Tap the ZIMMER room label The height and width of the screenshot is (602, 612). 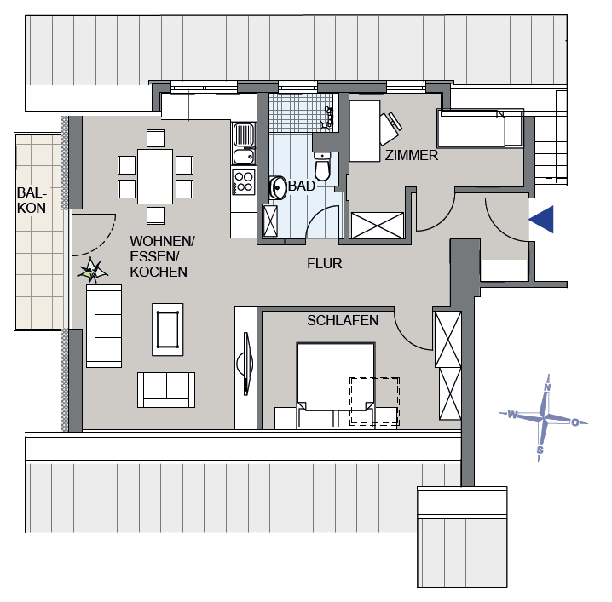[x=411, y=156]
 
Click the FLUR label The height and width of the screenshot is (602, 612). [x=325, y=263]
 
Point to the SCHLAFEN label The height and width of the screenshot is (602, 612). [x=343, y=320]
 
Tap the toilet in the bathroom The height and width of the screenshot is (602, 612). [x=322, y=165]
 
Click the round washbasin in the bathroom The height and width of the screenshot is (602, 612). [x=278, y=186]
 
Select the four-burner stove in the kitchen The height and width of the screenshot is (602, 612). [x=244, y=181]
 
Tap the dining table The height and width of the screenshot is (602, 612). [x=155, y=176]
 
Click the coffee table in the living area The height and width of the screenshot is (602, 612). [x=166, y=329]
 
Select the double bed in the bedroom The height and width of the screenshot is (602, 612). [x=335, y=376]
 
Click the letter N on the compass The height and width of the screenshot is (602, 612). [x=547, y=387]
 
